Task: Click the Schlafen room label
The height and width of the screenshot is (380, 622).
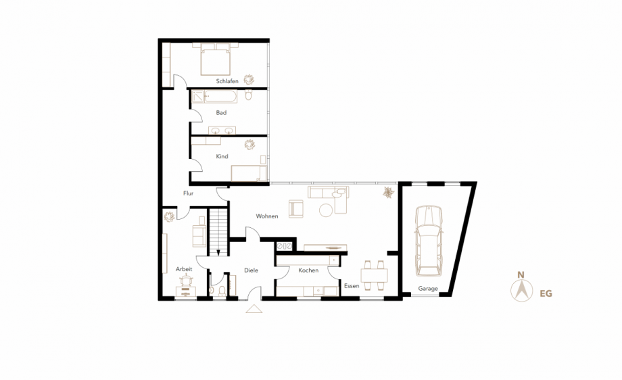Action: (x=227, y=81)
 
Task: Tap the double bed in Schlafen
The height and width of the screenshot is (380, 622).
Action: (x=216, y=59)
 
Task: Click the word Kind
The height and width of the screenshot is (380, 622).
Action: (x=222, y=156)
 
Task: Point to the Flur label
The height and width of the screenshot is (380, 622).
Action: (x=189, y=193)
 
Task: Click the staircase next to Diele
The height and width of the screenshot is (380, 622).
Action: (x=218, y=232)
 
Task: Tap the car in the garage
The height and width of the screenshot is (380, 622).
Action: (x=429, y=241)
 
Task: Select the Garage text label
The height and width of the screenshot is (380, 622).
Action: (x=428, y=288)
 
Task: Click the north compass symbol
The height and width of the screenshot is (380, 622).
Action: (x=522, y=290)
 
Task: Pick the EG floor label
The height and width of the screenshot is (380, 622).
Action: (x=546, y=293)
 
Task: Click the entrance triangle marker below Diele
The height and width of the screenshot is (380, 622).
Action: (x=254, y=309)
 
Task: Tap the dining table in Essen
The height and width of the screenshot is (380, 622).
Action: (x=374, y=275)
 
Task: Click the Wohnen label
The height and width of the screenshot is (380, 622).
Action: (x=267, y=216)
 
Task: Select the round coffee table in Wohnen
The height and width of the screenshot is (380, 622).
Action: (x=326, y=210)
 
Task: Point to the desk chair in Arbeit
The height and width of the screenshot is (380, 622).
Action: (x=186, y=281)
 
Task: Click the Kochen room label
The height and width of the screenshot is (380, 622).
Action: (x=308, y=270)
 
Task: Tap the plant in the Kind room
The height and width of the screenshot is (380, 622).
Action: (x=249, y=145)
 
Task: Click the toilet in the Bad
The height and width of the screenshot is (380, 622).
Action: (x=248, y=95)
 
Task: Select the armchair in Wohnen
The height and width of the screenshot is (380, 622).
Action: (x=296, y=209)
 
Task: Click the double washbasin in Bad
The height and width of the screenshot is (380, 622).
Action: (x=222, y=130)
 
